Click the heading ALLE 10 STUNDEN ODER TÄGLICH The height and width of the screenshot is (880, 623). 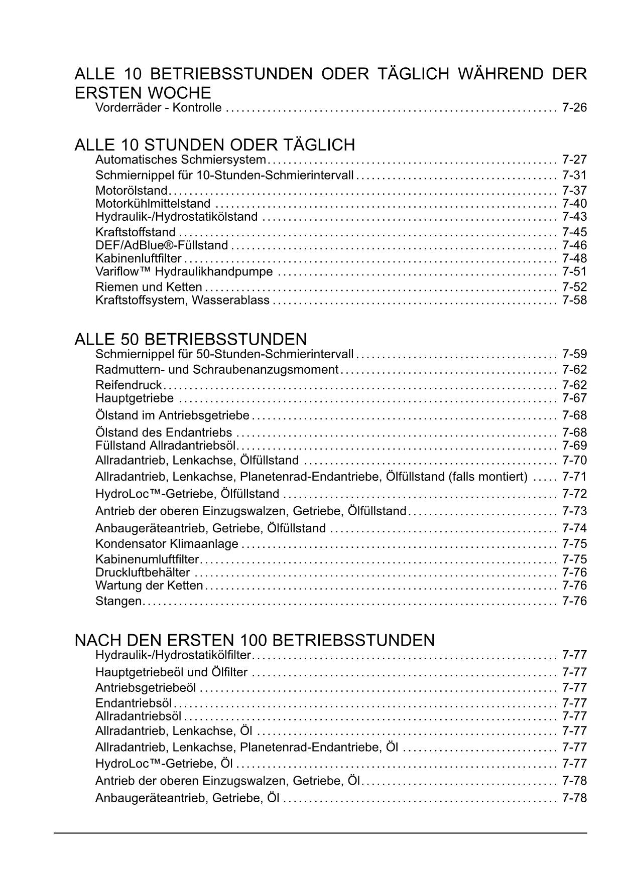tap(214, 145)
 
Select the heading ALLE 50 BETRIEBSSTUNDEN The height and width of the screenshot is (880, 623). tap(190, 339)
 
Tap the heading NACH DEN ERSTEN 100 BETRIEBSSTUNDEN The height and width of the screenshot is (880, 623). tap(255, 640)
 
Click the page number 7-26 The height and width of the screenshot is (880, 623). tap(574, 108)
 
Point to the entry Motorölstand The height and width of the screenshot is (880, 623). tap(131, 191)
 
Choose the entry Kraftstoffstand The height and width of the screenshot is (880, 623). tap(136, 232)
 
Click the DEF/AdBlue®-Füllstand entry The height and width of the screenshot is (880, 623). tap(162, 245)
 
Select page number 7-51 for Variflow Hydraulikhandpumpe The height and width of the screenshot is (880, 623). tap(574, 272)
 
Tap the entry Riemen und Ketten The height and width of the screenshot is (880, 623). tap(149, 287)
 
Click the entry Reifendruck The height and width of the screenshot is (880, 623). tap(129, 385)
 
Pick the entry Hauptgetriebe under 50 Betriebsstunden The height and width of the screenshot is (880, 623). tap(135, 398)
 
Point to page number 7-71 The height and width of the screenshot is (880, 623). tap(574, 477)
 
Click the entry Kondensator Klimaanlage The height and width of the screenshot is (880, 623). tap(167, 544)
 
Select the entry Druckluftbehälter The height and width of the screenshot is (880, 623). tap(143, 572)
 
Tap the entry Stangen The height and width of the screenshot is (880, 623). tap(118, 601)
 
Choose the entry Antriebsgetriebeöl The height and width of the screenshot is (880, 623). tap(146, 688)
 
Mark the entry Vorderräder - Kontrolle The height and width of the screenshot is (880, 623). tap(158, 108)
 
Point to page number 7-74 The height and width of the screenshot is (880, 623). tap(574, 528)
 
